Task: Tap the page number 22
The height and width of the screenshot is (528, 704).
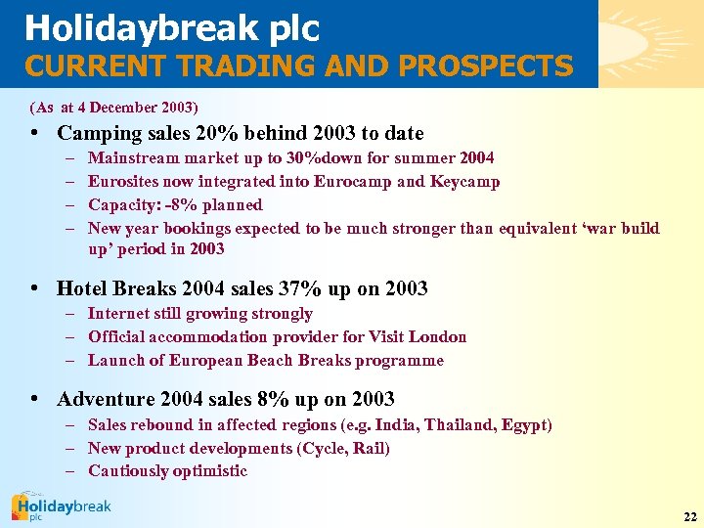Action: tap(689, 516)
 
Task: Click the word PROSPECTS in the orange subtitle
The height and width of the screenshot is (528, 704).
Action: tap(495, 66)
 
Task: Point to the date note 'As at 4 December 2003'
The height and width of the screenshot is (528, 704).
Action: tap(113, 106)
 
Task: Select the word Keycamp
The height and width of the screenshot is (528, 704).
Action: tap(466, 181)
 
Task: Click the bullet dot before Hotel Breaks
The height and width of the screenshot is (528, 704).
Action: tap(35, 288)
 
